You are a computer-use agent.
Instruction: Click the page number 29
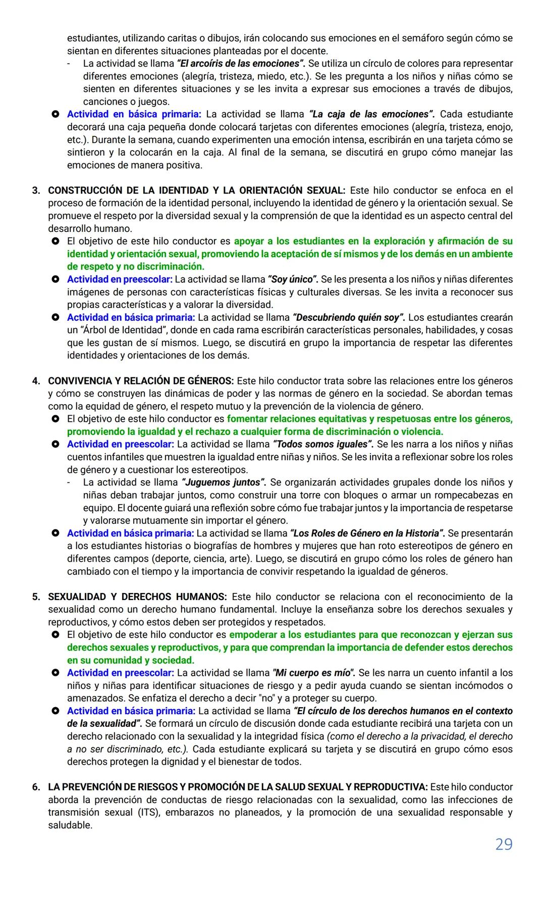(504, 844)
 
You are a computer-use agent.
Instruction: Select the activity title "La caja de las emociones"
(371, 114)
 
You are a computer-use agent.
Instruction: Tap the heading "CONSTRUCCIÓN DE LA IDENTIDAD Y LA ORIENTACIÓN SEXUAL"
(196, 190)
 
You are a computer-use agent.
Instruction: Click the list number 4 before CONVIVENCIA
(36, 381)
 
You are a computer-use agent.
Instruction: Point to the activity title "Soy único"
(293, 279)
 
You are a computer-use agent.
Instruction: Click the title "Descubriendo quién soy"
(349, 318)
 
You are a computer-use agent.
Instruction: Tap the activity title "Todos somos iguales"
(323, 444)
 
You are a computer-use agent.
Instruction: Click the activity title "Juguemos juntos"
(224, 482)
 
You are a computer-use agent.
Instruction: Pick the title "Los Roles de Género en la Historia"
(367, 533)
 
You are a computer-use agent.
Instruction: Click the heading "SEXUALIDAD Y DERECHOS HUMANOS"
(137, 596)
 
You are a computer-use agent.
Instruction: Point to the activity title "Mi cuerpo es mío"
(313, 673)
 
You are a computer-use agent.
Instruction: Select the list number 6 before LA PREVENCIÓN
(36, 787)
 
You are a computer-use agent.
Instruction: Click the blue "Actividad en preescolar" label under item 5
(120, 673)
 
